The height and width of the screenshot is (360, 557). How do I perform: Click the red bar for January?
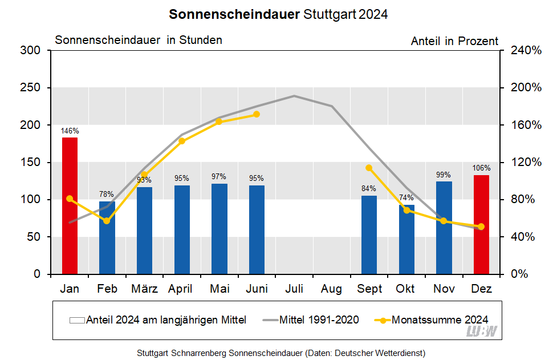(70, 205)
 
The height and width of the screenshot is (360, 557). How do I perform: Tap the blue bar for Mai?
(219, 228)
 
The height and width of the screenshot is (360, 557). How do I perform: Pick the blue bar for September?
(369, 234)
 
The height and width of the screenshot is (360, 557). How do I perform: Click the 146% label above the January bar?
(70, 131)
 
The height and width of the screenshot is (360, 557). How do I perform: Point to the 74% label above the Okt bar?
(406, 198)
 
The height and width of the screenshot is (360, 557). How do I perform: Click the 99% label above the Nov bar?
(444, 175)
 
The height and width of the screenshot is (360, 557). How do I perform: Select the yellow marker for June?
(257, 114)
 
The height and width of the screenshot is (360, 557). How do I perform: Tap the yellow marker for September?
(369, 168)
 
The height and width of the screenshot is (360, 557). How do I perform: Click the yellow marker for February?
(107, 221)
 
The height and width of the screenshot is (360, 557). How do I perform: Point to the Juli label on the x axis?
(294, 289)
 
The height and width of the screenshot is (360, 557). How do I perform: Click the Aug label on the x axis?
(331, 289)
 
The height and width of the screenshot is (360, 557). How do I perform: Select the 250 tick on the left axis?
(31, 88)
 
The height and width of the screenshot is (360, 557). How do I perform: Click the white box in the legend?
(77, 320)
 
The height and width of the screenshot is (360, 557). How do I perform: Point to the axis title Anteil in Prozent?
(454, 41)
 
